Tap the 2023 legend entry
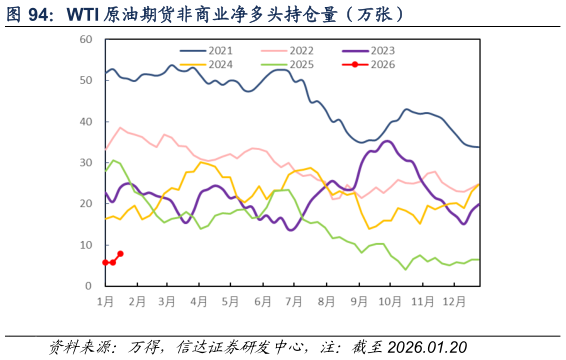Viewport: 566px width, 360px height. point(382,50)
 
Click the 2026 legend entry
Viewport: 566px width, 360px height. point(382,64)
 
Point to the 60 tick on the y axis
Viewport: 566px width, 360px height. point(86,39)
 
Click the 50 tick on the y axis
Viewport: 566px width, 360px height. point(86,80)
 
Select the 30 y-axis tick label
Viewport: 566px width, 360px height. point(86,163)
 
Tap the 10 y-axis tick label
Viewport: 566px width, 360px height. point(86,245)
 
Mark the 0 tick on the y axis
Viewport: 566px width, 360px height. point(89,286)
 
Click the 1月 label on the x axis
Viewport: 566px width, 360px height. point(105,300)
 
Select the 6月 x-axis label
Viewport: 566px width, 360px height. point(263,300)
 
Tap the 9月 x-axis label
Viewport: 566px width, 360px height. point(358,300)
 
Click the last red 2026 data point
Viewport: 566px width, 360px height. point(121,254)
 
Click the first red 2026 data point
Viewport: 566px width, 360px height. point(105,262)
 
